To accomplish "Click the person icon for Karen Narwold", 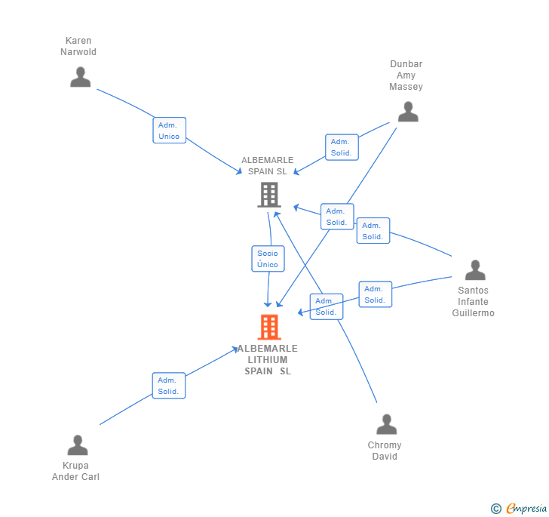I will [81, 77].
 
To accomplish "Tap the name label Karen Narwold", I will [78, 46].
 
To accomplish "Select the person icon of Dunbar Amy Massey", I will [408, 112].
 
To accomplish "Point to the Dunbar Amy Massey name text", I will [406, 75].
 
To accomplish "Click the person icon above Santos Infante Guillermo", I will [475, 270].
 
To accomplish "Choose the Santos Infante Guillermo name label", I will [474, 301].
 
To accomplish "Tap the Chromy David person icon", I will [387, 425].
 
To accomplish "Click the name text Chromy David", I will [385, 451].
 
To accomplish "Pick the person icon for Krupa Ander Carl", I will [78, 445].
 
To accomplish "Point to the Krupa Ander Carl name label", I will [75, 471].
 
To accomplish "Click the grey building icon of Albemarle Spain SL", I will [268, 195].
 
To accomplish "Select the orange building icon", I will [269, 327].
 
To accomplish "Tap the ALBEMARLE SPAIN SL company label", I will [268, 165].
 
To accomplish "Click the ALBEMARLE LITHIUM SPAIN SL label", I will [268, 359].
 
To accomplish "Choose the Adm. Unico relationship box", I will [169, 131].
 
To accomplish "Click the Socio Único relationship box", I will [268, 259].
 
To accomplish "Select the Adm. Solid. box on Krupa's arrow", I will [168, 386].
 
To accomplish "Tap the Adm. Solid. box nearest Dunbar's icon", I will [341, 147].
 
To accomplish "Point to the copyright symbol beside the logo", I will [496, 509].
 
